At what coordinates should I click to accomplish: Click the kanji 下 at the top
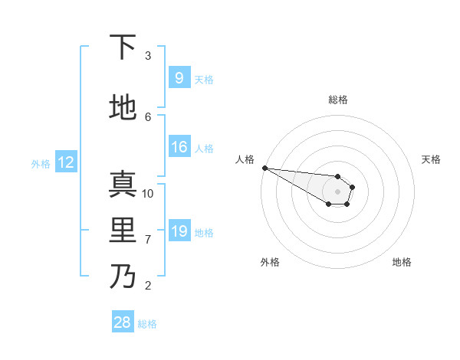[122, 48]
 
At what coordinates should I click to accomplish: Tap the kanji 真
[122, 185]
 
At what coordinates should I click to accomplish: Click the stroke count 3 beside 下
[148, 56]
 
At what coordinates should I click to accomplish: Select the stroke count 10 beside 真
[148, 193]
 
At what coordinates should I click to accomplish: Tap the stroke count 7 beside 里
[148, 240]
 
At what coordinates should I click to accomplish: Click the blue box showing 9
[179, 78]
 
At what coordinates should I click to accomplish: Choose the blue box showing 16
[179, 148]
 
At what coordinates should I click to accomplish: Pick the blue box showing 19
[179, 231]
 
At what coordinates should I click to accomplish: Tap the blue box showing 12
[65, 162]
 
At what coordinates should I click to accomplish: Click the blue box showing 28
[122, 322]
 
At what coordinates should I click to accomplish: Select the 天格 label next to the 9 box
[204, 79]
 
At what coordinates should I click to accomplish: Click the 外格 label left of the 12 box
[40, 163]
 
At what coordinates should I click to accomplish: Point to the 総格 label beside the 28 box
[147, 323]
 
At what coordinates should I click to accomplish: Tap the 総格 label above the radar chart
[337, 100]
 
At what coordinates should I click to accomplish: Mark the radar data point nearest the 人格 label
[264, 168]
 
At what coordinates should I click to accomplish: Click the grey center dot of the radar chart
[337, 191]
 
